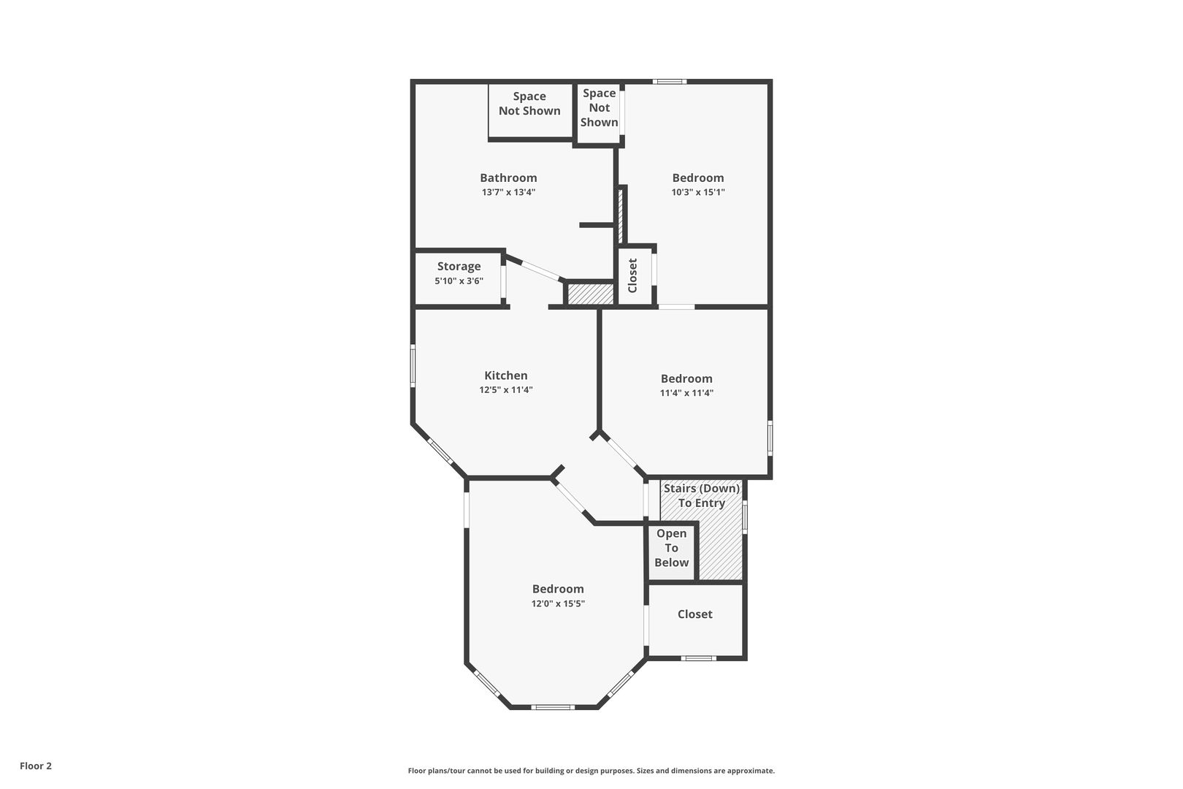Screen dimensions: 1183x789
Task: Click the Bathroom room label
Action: tap(508, 178)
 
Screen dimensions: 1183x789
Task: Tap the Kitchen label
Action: tap(506, 376)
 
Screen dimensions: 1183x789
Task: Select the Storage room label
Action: tap(459, 267)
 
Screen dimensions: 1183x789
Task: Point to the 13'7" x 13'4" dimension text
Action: tap(508, 192)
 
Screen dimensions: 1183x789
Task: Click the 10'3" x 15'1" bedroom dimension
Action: tap(697, 192)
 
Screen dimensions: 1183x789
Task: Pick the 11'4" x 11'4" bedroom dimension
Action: tap(686, 393)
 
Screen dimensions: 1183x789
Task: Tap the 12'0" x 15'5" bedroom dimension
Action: tap(558, 604)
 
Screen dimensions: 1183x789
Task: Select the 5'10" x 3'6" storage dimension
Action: tap(459, 281)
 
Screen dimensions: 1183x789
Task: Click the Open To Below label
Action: tap(671, 548)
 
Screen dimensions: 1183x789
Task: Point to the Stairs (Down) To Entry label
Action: tap(701, 496)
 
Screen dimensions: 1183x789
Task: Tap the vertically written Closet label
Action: tap(632, 275)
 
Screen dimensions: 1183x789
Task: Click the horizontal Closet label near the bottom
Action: tap(695, 614)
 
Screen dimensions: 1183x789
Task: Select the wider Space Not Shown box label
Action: tap(529, 104)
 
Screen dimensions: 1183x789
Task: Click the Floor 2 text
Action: tap(36, 766)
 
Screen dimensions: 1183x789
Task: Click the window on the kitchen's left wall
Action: tap(413, 366)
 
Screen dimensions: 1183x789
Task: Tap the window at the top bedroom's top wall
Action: tap(670, 82)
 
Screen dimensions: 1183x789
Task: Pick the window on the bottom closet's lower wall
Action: tap(698, 658)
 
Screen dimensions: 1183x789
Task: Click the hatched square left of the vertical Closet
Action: tap(591, 294)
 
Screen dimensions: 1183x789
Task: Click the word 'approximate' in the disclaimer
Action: tap(751, 771)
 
